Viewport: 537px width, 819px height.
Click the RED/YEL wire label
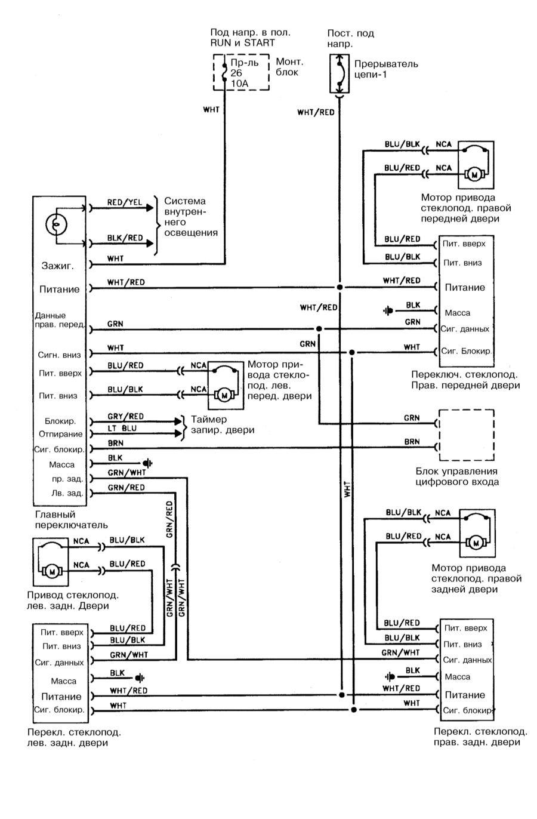coord(125,202)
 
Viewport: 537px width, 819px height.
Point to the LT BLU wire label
coord(122,429)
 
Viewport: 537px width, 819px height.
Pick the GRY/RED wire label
coord(125,416)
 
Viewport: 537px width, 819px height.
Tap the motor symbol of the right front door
coord(476,175)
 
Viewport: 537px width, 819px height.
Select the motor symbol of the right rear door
coord(476,543)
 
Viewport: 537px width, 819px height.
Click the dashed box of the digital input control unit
coord(465,435)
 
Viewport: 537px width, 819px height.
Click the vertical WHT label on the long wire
coord(348,490)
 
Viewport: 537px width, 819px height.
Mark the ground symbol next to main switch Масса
coord(147,463)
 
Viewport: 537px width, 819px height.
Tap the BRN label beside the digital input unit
coord(412,442)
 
